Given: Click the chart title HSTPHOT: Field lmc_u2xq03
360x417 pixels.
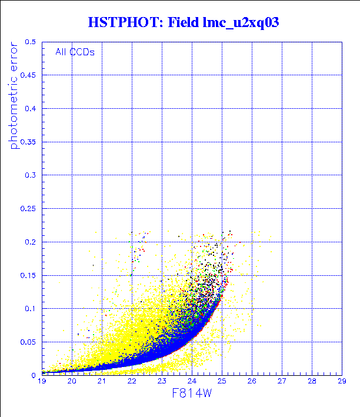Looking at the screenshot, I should click(182, 23).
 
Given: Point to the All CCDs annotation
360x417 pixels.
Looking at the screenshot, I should click(75, 52).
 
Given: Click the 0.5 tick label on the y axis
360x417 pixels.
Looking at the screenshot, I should click(30, 42).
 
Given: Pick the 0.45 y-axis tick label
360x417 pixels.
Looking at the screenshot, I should click(28, 75).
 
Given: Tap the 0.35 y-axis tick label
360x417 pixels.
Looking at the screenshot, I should click(28, 142).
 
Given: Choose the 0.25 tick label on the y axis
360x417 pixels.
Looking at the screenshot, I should click(28, 208).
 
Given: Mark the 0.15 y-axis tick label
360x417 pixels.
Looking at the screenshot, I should click(28, 275).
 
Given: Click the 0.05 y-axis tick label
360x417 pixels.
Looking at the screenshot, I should click(28, 341).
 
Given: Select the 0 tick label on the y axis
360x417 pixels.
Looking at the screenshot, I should click(35, 375).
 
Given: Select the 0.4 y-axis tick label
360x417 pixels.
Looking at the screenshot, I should click(30, 109).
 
